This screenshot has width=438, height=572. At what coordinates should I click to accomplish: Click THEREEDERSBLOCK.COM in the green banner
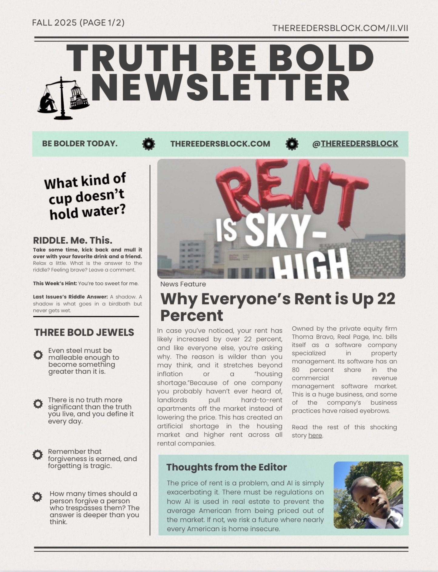[220, 144]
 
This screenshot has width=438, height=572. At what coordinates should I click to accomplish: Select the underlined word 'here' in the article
[315, 436]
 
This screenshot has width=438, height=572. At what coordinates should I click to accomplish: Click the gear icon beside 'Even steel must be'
[38, 355]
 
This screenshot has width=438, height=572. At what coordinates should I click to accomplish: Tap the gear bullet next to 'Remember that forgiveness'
[38, 455]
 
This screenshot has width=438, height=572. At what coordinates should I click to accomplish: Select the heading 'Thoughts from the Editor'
[226, 467]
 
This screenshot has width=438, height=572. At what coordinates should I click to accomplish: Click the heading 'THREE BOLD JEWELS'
[84, 332]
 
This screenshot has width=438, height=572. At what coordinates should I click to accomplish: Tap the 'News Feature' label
[183, 284]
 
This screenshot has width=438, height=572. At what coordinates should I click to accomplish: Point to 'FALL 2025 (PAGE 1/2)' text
[78, 23]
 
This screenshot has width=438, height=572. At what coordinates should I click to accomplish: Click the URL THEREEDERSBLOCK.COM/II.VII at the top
[340, 28]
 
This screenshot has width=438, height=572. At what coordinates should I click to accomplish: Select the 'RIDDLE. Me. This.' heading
[72, 241]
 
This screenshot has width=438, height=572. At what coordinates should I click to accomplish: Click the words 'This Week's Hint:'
[55, 284]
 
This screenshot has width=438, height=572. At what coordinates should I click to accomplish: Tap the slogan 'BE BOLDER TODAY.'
[80, 143]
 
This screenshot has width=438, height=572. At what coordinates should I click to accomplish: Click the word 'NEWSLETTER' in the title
[220, 88]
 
